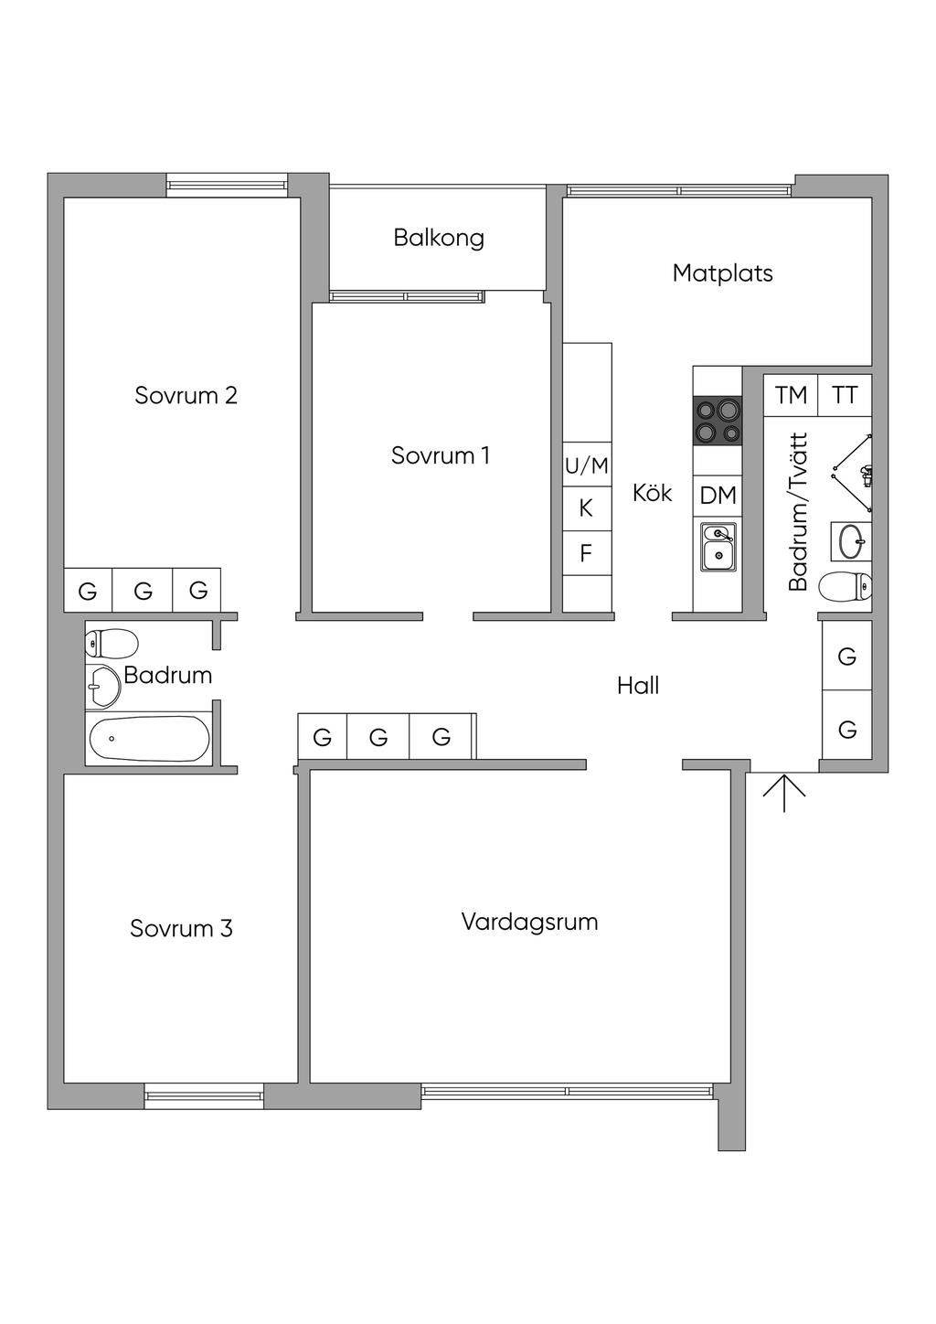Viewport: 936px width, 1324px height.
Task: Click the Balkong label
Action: pos(439,239)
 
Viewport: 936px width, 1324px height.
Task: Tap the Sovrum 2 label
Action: pos(186,395)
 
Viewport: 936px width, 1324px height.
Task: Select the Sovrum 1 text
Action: pos(441,455)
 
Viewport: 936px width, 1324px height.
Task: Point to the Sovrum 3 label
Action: pos(181,929)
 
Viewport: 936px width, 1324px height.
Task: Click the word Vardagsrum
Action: pos(529,922)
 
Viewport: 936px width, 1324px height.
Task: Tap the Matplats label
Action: pos(722,273)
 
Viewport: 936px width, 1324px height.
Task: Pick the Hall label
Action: pos(638,686)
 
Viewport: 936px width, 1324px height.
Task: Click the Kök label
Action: pos(652,492)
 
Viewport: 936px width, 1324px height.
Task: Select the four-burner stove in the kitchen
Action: pos(718,421)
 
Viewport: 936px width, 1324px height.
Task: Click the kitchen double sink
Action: pos(718,548)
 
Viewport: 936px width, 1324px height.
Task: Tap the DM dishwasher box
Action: pos(718,496)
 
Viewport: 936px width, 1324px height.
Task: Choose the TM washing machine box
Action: pos(791,395)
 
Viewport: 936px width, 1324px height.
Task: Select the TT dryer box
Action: pos(845,395)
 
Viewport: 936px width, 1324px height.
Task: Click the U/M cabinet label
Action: pos(586,465)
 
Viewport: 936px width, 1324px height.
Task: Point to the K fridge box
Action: pos(587,508)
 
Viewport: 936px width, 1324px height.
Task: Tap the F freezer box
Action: pos(587,552)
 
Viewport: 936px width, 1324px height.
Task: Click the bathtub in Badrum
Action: pos(149,738)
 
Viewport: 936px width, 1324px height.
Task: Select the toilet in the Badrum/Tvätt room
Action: pos(845,587)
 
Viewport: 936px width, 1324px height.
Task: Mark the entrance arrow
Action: pos(784,793)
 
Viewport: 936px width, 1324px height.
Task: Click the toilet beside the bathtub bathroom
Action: pos(112,643)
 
